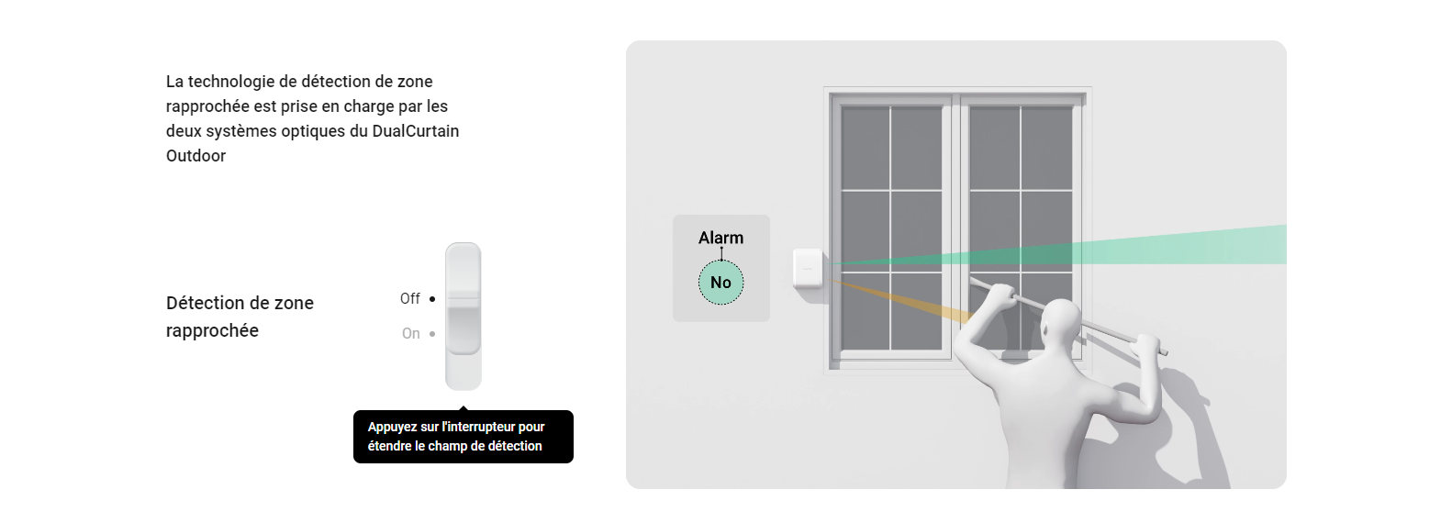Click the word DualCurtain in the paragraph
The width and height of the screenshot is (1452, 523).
(x=416, y=131)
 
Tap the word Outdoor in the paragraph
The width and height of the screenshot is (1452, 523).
(x=195, y=156)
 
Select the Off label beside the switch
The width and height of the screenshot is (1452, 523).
(x=409, y=299)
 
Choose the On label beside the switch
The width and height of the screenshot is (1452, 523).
(x=411, y=334)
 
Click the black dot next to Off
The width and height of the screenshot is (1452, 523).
(x=432, y=299)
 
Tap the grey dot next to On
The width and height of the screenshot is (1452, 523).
(x=432, y=334)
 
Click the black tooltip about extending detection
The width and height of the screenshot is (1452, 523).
(x=463, y=436)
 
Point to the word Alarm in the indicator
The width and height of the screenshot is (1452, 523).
(x=720, y=238)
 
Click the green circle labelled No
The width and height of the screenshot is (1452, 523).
(x=720, y=283)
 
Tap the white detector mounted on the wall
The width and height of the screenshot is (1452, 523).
(x=809, y=268)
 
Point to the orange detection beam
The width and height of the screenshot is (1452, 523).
(x=902, y=300)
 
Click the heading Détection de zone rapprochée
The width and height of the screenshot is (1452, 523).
(x=240, y=317)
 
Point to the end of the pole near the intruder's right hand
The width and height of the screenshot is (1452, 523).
(x=1164, y=352)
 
